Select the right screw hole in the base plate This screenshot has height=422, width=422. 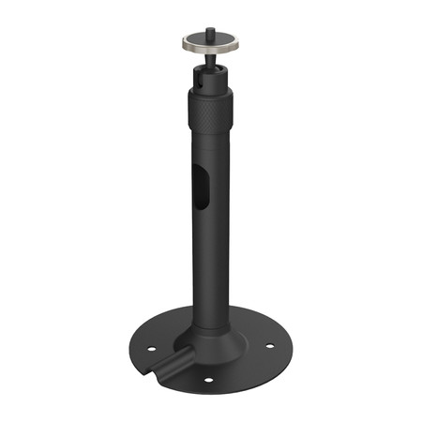[270, 345]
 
